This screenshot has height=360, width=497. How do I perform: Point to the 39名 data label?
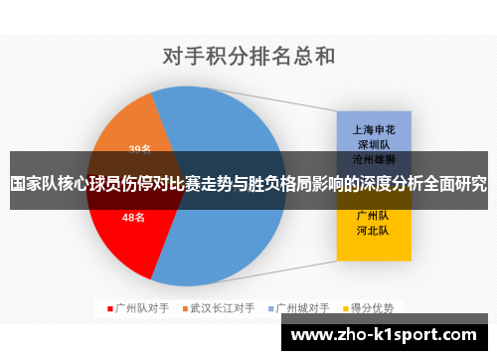click(x=140, y=149)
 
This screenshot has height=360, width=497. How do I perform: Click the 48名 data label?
click(x=133, y=217)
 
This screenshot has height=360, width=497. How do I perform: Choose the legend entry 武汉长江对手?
click(x=223, y=308)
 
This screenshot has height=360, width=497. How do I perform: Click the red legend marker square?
click(x=110, y=308)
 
